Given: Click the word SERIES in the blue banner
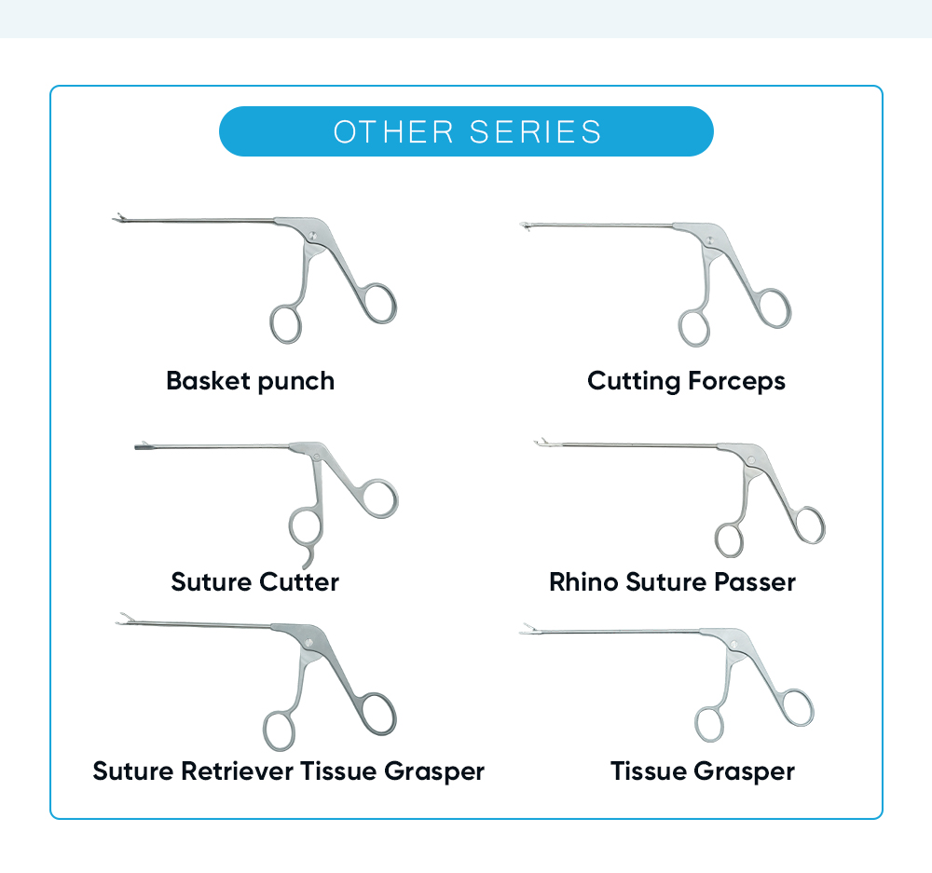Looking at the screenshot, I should click(536, 131).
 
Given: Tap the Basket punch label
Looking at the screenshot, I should click(250, 380).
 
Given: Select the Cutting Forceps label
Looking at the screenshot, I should click(686, 380).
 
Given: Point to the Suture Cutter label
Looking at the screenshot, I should click(254, 582).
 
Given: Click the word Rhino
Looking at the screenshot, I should click(583, 582).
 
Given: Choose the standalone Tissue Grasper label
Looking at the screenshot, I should click(703, 771).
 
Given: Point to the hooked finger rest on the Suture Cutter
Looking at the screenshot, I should click(311, 558).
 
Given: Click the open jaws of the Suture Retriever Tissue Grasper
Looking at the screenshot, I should click(121, 619).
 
